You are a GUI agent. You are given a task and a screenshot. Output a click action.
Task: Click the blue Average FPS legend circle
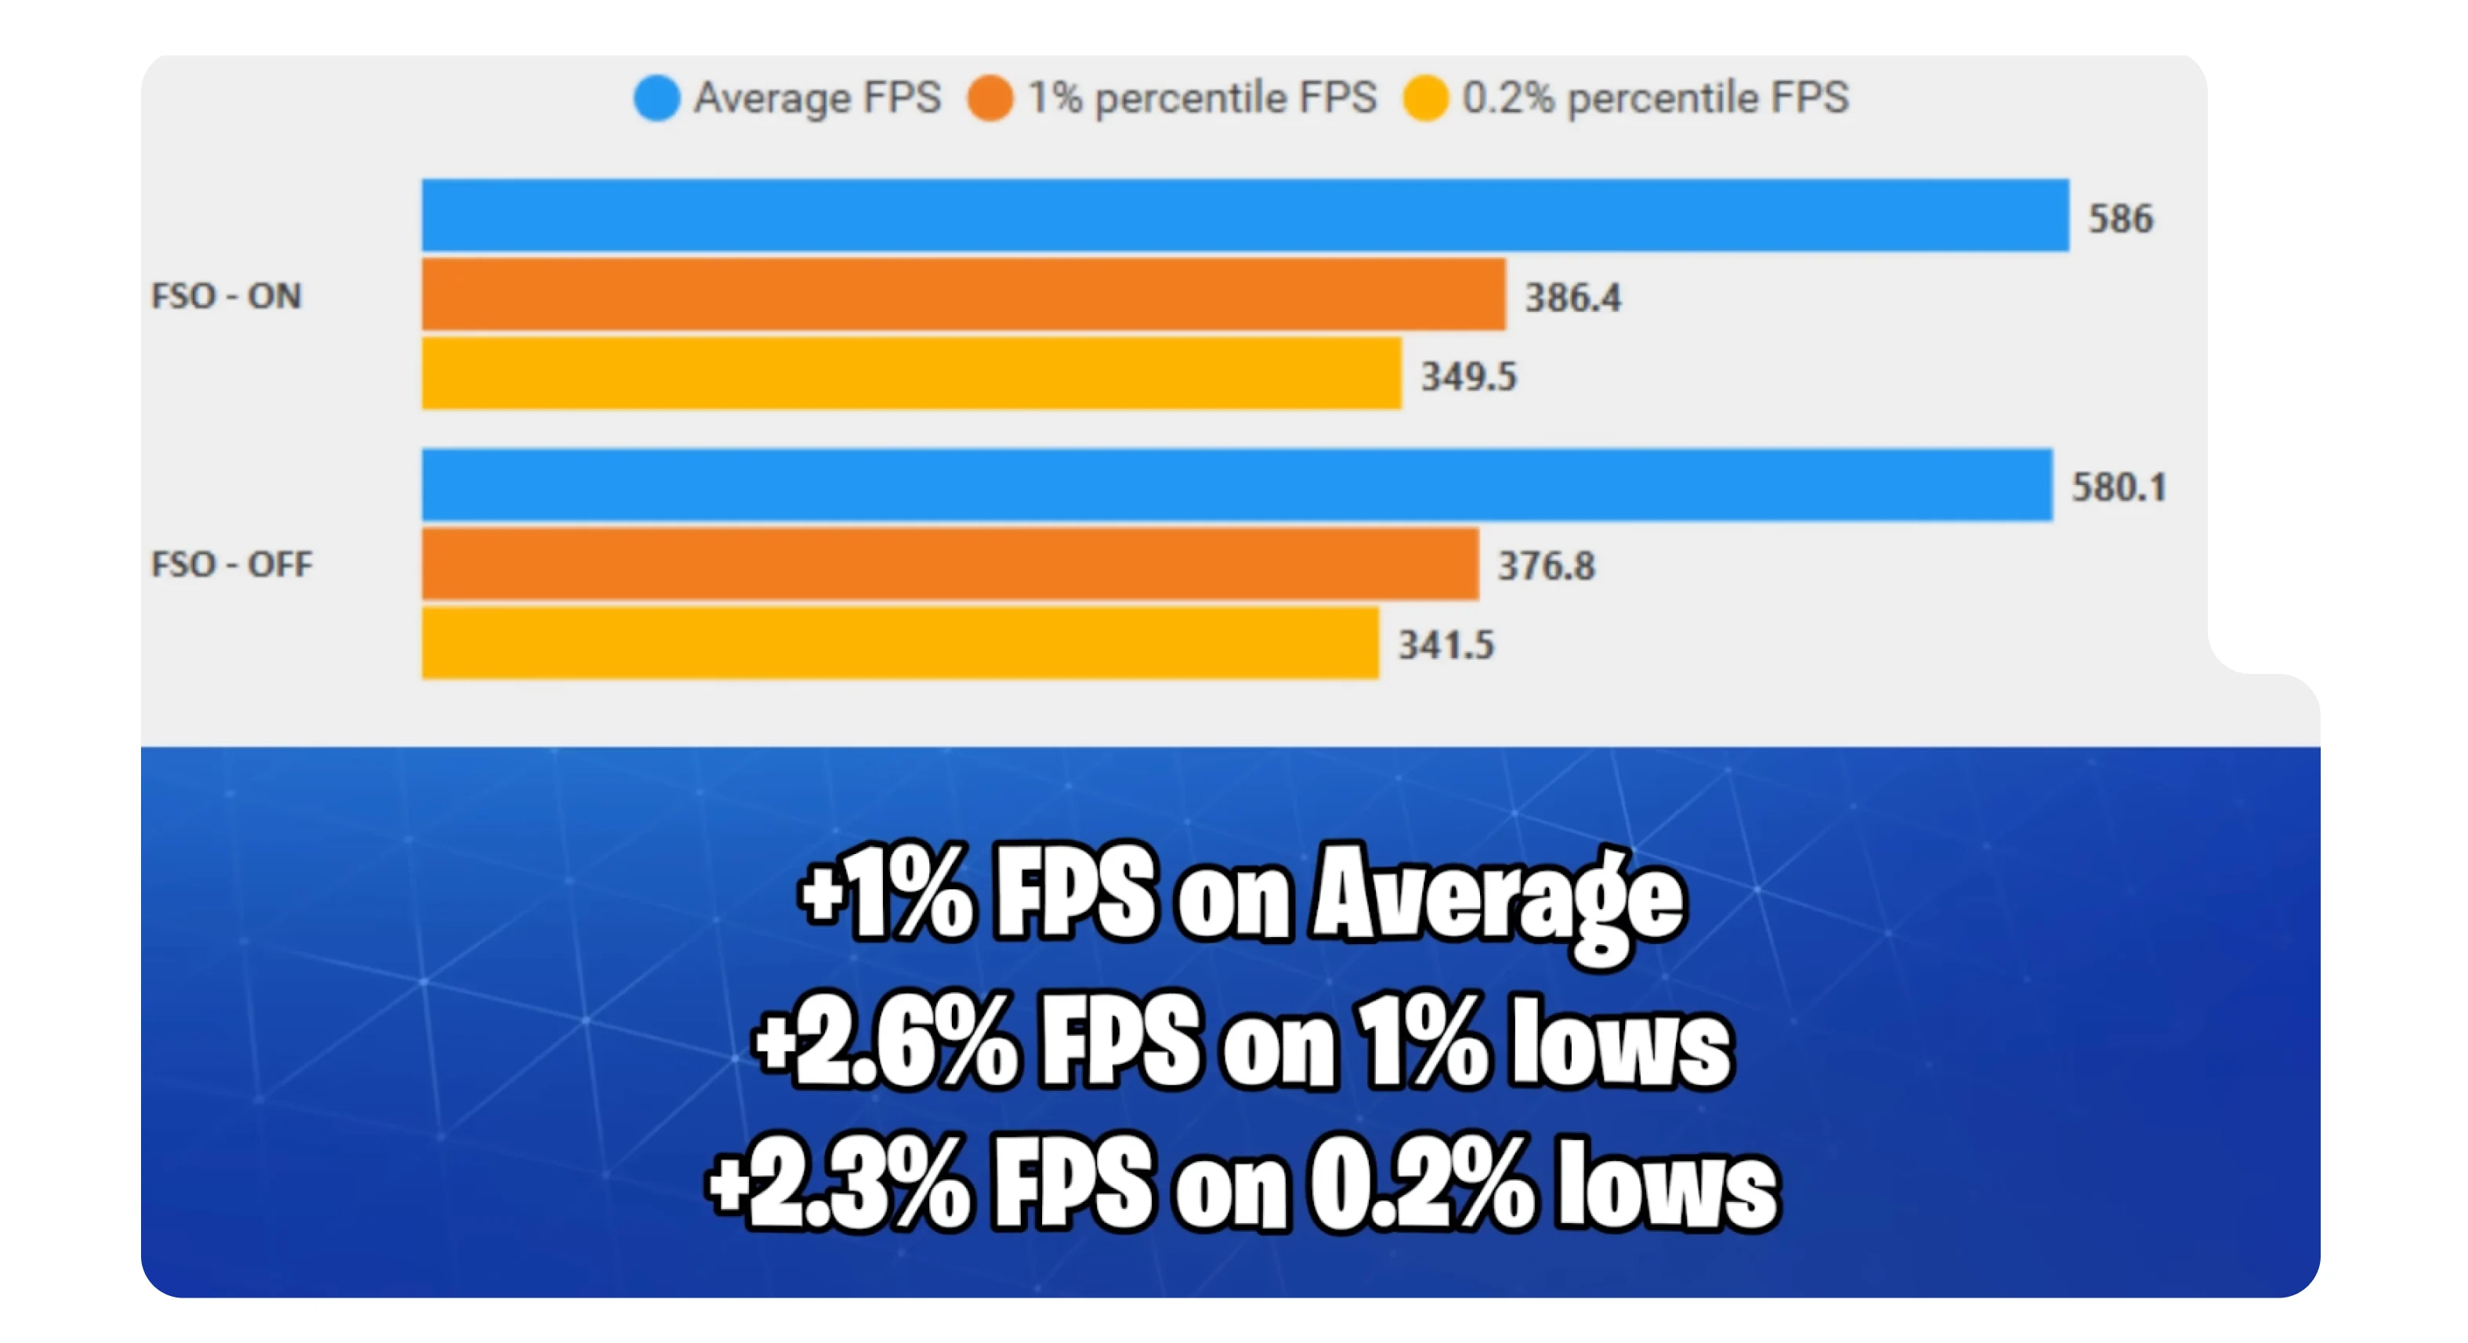click(657, 98)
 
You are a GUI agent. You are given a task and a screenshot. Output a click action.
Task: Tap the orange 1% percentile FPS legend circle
click(990, 98)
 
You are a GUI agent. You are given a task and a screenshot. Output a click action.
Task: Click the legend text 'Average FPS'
click(817, 98)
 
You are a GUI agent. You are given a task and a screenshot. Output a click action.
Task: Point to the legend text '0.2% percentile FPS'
click(1655, 98)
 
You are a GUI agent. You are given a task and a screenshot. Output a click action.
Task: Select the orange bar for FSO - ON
click(963, 294)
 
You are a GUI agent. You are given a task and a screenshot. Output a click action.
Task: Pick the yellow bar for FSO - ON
click(911, 374)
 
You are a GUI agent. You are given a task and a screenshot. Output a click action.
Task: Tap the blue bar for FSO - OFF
click(1236, 485)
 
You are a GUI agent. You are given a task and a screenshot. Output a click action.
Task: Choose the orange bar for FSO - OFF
click(950, 564)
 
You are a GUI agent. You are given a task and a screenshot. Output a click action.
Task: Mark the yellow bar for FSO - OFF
click(899, 643)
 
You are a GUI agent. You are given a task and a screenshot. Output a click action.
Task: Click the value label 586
click(2120, 219)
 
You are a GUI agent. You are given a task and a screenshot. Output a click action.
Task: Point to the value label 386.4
click(1572, 298)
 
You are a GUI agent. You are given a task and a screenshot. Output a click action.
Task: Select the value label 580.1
click(2119, 487)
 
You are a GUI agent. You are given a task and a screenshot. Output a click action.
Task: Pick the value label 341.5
click(1446, 646)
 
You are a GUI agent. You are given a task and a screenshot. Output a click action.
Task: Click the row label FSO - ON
click(226, 296)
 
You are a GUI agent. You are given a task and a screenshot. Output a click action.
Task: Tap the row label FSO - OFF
click(232, 564)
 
